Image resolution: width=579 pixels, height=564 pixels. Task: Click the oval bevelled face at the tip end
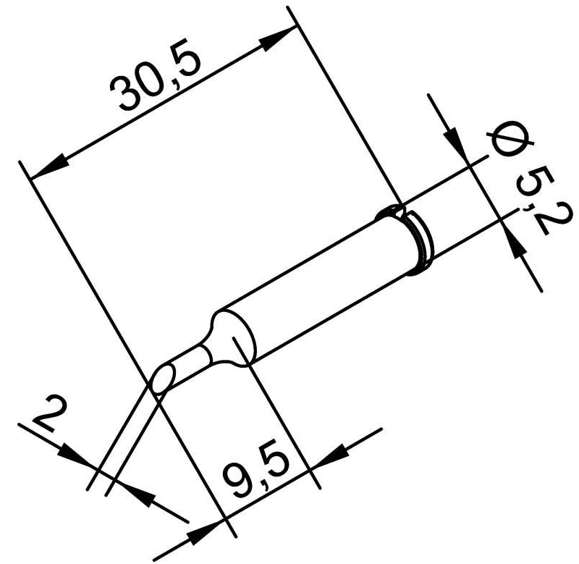(x=163, y=379)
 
